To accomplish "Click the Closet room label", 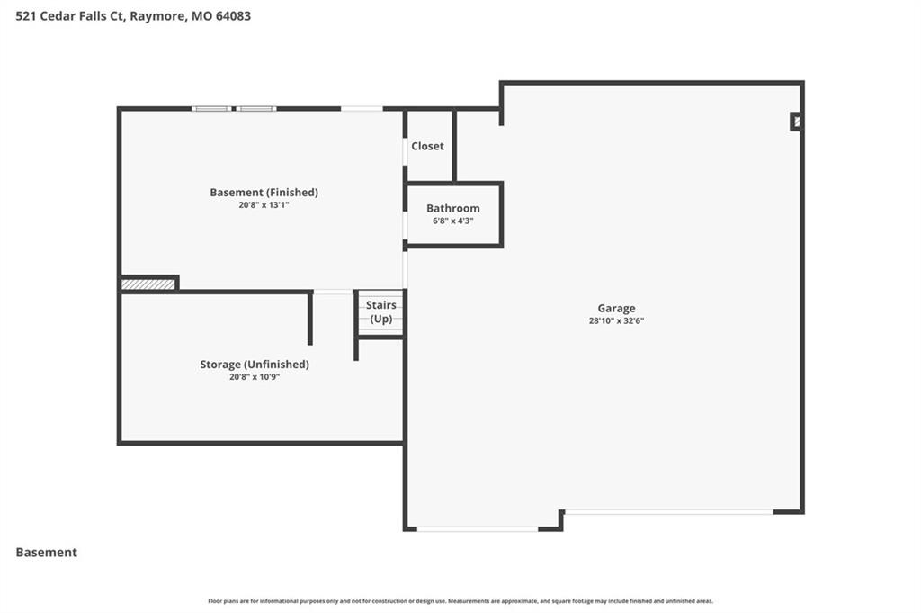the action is click(427, 146).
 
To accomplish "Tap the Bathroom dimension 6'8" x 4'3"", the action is click(453, 221).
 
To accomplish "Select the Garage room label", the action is click(616, 309).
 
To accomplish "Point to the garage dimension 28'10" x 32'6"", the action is click(616, 320).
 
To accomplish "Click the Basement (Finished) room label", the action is click(264, 193).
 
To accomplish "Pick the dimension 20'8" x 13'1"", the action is click(264, 205).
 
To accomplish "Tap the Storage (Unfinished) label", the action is click(255, 365).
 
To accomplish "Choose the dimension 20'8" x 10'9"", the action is click(255, 377).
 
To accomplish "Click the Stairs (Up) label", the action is click(381, 312).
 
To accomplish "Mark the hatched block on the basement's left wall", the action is click(148, 284).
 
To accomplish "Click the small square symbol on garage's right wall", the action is click(796, 122).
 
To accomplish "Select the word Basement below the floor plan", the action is click(47, 553).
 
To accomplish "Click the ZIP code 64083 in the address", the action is click(233, 16).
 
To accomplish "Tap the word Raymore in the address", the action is click(156, 16).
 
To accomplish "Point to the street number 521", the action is click(25, 16).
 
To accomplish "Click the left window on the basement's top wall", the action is click(211, 109).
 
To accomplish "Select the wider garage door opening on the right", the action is click(668, 512).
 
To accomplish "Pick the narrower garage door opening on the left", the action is click(478, 529).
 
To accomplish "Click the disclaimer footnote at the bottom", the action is click(460, 601).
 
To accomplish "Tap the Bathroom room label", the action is click(453, 208).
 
